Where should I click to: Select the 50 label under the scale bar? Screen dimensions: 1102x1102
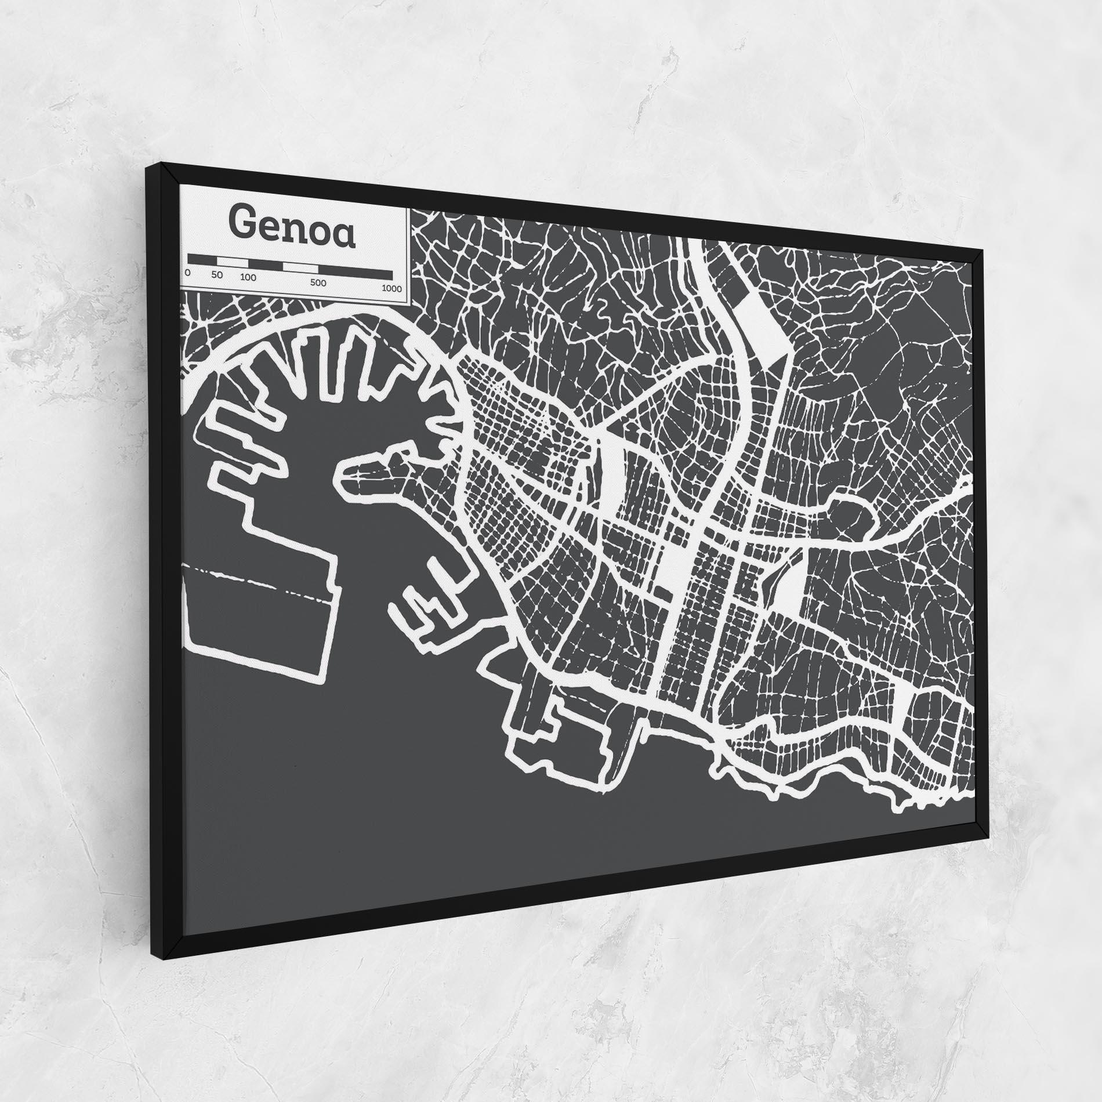pyautogui.click(x=217, y=275)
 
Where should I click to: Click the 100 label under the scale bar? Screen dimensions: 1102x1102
pyautogui.click(x=248, y=277)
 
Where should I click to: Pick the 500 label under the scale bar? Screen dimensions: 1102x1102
pyautogui.click(x=318, y=283)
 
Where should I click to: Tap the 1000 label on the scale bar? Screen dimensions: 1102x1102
pyautogui.click(x=392, y=288)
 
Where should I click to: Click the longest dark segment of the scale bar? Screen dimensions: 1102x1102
pyautogui.click(x=355, y=270)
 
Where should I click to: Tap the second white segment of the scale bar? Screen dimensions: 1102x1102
pyautogui.click(x=300, y=267)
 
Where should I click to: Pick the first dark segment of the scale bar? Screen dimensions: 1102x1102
pyautogui.click(x=205, y=260)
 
